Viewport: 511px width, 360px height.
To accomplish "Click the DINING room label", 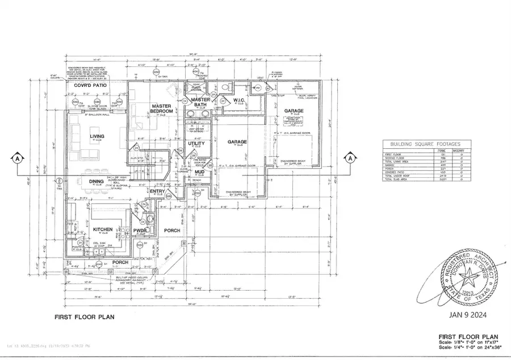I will point(96,182).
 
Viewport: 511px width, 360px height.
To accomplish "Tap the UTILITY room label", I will point(196,144).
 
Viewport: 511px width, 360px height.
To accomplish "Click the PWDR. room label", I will point(140,231).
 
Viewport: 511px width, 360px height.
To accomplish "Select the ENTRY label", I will point(157,191).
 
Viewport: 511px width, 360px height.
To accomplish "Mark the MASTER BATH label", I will point(200,102).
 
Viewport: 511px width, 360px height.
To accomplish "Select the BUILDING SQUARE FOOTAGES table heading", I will point(422,145).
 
